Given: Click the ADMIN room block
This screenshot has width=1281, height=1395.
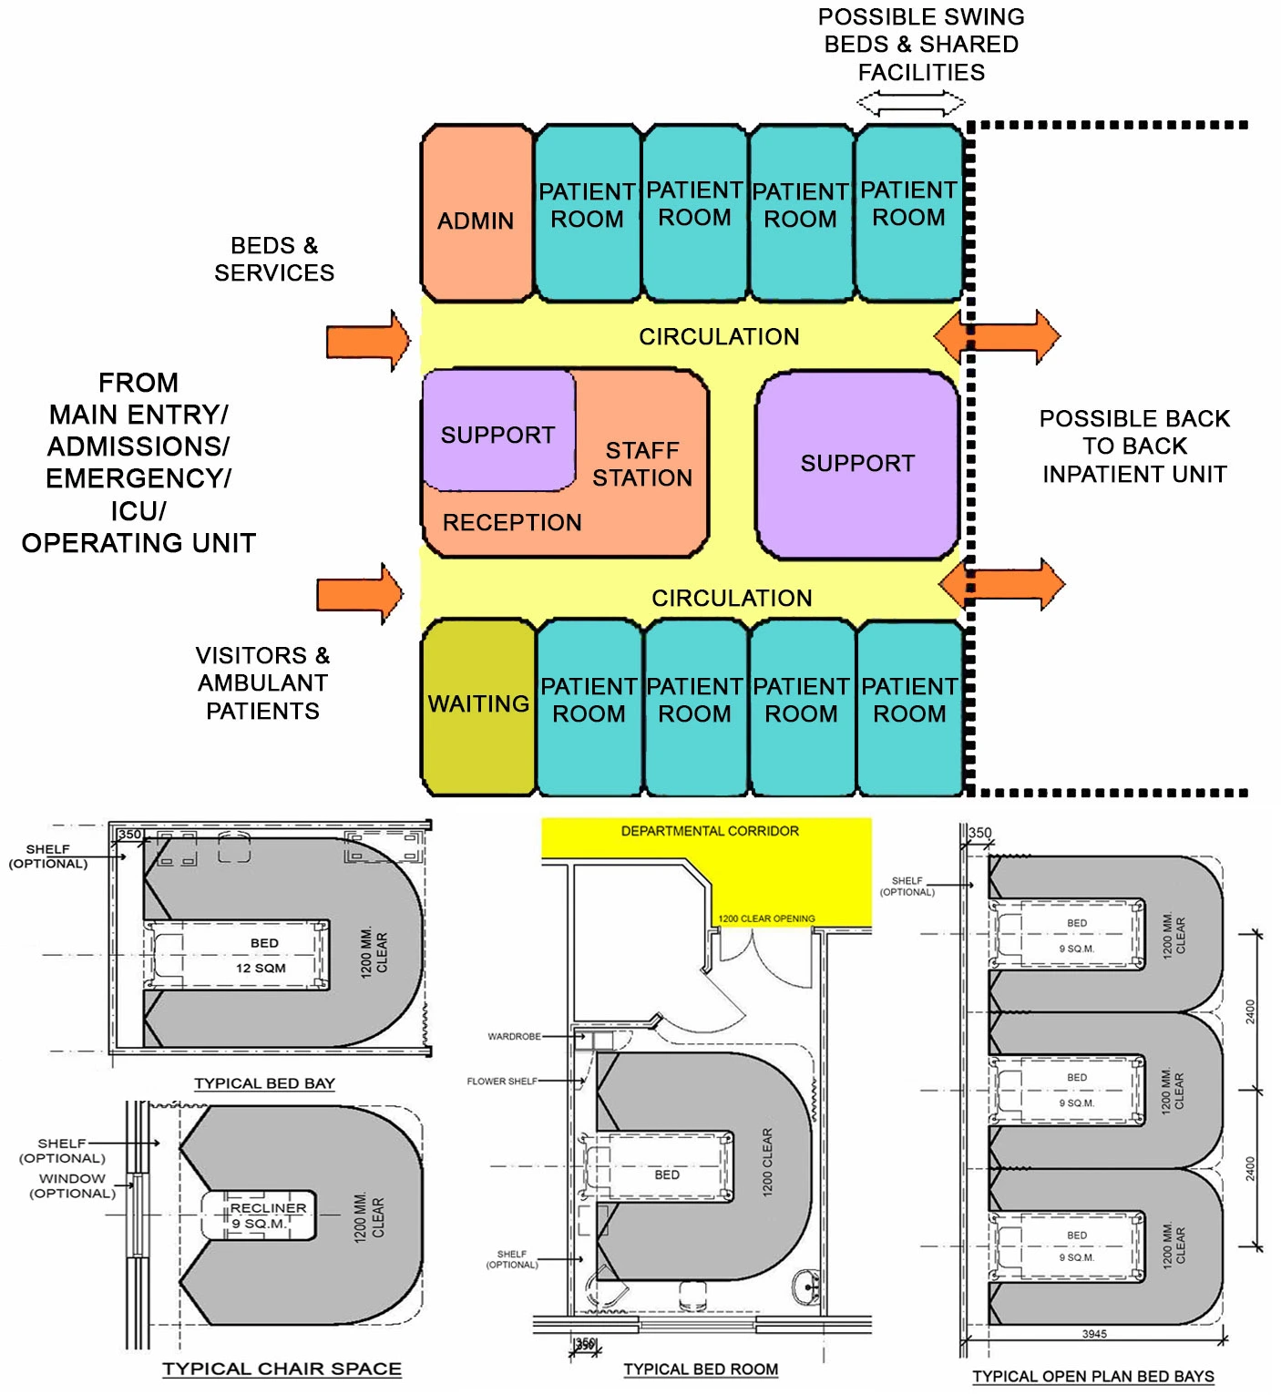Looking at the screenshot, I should tap(476, 214).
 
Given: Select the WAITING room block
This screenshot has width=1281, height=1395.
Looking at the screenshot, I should tap(478, 705).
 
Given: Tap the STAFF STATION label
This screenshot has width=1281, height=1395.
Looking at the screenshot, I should tap(642, 464).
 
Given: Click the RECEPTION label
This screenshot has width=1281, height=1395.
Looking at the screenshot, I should tap(512, 522).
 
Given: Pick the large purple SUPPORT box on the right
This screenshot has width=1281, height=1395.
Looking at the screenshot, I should tap(856, 464).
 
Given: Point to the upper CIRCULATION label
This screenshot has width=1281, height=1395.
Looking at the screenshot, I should tap(719, 336).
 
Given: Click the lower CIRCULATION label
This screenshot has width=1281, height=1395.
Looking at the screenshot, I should tap(732, 598).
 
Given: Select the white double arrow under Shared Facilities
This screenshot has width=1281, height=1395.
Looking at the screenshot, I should tap(911, 104).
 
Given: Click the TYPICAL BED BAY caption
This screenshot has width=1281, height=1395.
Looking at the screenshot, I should tap(264, 1083).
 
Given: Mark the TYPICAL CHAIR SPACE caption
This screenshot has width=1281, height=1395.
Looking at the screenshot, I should tap(282, 1369).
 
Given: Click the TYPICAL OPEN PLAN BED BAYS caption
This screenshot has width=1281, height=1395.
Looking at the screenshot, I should tap(1092, 1376).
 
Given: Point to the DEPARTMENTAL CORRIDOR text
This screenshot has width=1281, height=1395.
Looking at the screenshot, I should tap(710, 831).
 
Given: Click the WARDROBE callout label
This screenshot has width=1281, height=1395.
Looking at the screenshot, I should tap(514, 1036).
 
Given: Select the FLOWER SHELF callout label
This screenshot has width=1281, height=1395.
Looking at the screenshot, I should tap(501, 1082).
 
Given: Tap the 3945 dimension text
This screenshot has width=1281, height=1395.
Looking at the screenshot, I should tap(1094, 1334).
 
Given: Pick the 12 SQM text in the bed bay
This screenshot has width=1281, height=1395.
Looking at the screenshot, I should tap(261, 968).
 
